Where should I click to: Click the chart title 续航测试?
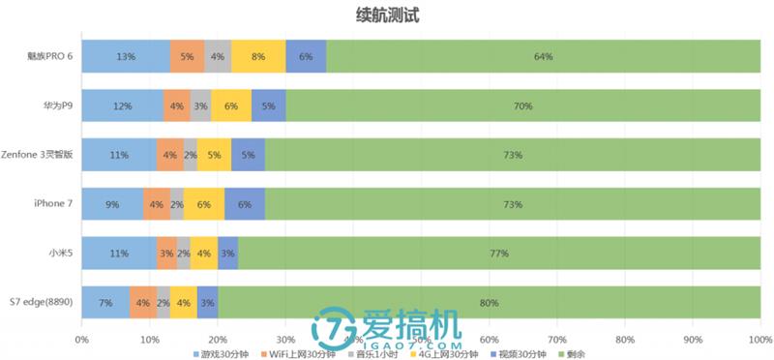click(x=387, y=15)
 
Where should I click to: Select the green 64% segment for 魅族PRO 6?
click(x=544, y=56)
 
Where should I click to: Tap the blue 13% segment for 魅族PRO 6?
click(x=125, y=56)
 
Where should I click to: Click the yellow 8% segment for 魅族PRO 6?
click(x=258, y=56)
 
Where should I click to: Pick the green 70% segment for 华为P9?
click(x=523, y=105)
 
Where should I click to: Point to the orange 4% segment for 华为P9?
click(x=177, y=105)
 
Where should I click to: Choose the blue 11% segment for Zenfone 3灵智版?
click(x=118, y=155)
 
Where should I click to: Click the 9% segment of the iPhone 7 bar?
click(x=112, y=204)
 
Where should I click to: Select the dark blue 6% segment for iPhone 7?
click(x=245, y=204)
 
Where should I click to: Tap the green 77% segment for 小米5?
click(x=499, y=254)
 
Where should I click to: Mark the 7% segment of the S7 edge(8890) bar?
click(x=105, y=303)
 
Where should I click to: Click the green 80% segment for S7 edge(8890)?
click(x=490, y=303)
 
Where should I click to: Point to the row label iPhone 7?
click(x=53, y=204)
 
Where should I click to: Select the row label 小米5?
click(x=60, y=254)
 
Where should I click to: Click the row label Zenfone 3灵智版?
click(x=39, y=155)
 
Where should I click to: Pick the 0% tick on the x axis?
click(x=81, y=340)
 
